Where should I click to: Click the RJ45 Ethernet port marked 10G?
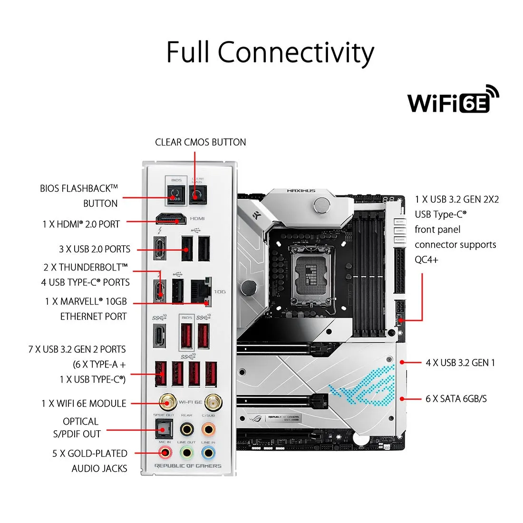click(x=200, y=291)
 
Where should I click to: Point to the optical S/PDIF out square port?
click(x=163, y=430)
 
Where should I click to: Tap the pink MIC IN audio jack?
click(x=165, y=452)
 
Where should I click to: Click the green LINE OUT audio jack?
click(x=186, y=452)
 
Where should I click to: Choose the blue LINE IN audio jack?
click(x=208, y=452)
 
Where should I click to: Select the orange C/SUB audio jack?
click(x=208, y=430)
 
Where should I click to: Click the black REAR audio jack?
click(x=186, y=430)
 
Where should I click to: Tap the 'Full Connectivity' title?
click(x=270, y=52)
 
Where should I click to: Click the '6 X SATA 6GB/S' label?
click(x=456, y=398)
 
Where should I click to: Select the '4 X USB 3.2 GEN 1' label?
click(x=460, y=363)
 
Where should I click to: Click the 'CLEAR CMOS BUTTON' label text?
click(x=200, y=142)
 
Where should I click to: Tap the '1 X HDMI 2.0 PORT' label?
click(x=81, y=224)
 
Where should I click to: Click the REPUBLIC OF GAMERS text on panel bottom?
click(x=188, y=466)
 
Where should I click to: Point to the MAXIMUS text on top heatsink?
click(x=301, y=191)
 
